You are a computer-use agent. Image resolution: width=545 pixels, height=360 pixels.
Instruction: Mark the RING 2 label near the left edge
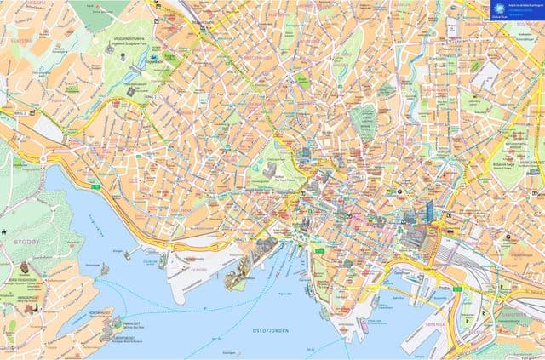coord(20,111)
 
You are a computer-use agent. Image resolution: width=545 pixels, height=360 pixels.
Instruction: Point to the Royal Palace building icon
coord(270,171)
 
